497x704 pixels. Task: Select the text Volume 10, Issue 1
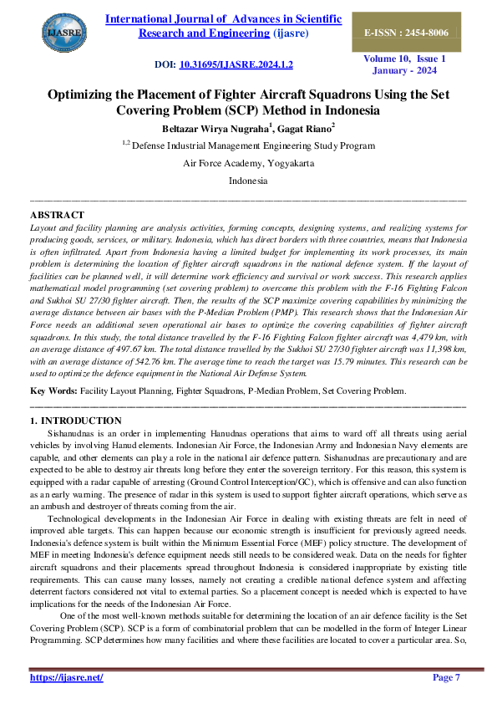point(404,59)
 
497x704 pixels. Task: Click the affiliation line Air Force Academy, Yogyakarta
point(248,163)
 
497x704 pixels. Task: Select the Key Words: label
point(53,390)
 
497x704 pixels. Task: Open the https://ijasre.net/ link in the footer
point(67,677)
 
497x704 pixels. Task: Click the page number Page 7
point(446,677)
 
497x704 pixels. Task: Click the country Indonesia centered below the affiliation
point(248,181)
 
